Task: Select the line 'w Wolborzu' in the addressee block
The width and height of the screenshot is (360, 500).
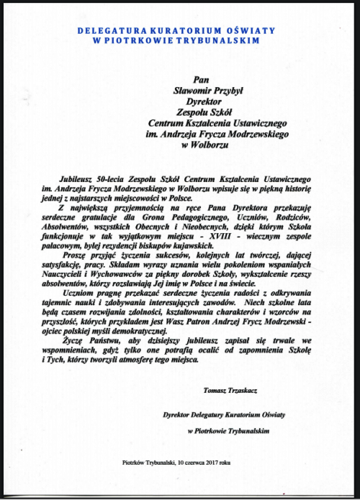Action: (x=206, y=145)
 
